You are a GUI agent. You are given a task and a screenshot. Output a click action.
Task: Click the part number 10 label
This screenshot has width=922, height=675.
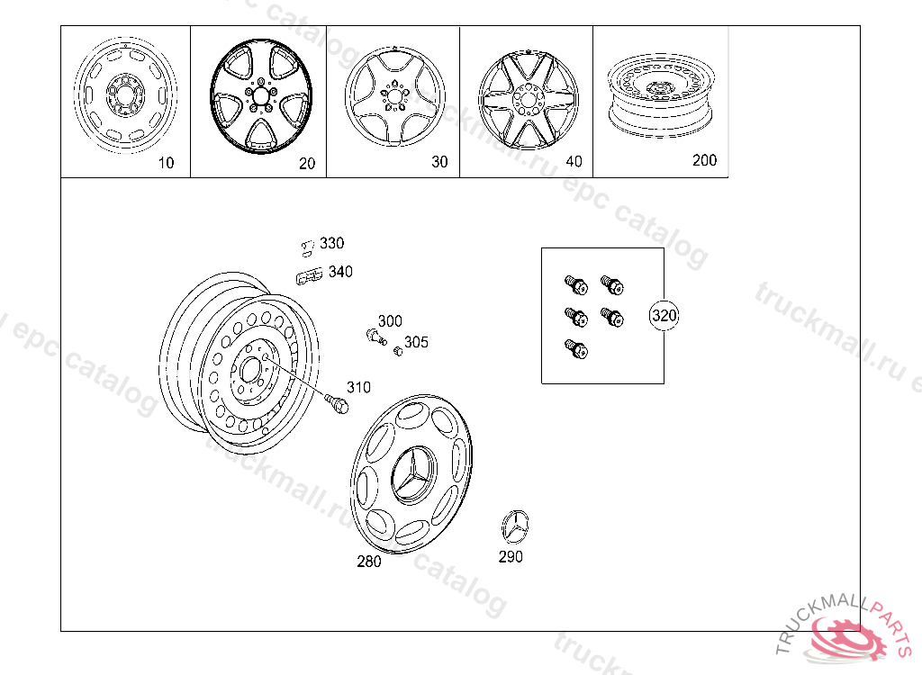(167, 163)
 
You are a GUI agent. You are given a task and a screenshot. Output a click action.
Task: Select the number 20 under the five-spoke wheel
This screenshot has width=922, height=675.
(307, 164)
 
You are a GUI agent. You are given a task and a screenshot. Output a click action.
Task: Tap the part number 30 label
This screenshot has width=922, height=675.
(439, 162)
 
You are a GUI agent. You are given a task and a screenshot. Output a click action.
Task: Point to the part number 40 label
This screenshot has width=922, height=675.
(574, 161)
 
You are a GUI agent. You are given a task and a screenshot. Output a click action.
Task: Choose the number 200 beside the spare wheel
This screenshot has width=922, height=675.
(704, 160)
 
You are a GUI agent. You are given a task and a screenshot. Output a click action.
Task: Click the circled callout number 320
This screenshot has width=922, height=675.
(664, 315)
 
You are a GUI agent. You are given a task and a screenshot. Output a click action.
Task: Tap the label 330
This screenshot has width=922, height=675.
(331, 243)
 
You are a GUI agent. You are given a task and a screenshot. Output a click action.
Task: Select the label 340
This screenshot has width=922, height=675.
(340, 271)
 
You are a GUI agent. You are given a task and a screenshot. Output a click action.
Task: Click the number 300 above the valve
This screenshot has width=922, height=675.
(390, 320)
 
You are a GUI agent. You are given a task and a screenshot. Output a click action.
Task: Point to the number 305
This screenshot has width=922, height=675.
(416, 342)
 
